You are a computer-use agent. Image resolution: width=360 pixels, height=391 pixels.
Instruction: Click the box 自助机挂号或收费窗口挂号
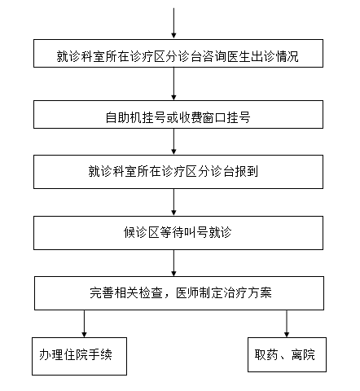pos(178,114)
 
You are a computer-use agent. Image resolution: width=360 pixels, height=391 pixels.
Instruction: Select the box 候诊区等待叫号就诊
pos(178,233)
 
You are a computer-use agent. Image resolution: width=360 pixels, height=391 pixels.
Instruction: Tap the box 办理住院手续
pos(79,356)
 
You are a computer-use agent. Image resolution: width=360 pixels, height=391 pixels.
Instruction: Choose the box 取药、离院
pos(287,354)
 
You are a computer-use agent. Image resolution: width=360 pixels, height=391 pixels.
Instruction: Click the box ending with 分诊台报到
pos(178,172)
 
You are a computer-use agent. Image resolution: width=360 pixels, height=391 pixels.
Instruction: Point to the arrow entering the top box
pos(173,24)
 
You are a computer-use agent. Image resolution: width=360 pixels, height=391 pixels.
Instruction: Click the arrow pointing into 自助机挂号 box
pos(173,84)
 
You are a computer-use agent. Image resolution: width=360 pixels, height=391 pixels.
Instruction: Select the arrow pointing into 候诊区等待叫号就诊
pos(173,202)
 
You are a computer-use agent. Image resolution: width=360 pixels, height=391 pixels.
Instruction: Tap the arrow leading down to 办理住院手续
pos(84,323)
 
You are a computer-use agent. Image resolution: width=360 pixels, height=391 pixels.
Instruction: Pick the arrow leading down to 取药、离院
pos(287,323)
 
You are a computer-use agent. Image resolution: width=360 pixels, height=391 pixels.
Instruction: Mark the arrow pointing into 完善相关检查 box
pos(173,263)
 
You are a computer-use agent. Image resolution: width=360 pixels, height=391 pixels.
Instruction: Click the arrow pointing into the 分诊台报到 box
pos(173,142)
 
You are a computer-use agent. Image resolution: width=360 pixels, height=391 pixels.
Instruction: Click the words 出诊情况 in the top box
pos(274,56)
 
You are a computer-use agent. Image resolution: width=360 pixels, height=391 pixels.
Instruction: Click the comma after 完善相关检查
pos(166,296)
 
